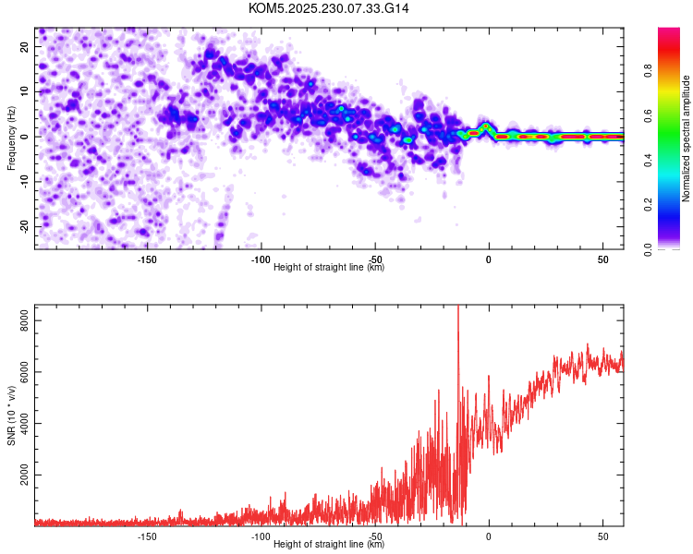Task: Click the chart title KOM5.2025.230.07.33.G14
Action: point(329,8)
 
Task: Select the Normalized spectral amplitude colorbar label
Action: point(687,138)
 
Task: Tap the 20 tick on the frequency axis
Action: point(24,46)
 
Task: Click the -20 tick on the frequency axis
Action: point(21,226)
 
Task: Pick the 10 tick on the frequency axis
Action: point(24,91)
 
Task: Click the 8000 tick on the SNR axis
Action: point(18,320)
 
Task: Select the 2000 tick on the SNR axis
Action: point(18,476)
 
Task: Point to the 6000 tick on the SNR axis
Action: point(18,372)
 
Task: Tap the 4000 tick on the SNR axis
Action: point(18,424)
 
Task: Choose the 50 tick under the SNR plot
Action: point(603,536)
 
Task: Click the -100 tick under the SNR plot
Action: point(261,536)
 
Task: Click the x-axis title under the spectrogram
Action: point(329,268)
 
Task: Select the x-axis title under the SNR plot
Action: point(329,545)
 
